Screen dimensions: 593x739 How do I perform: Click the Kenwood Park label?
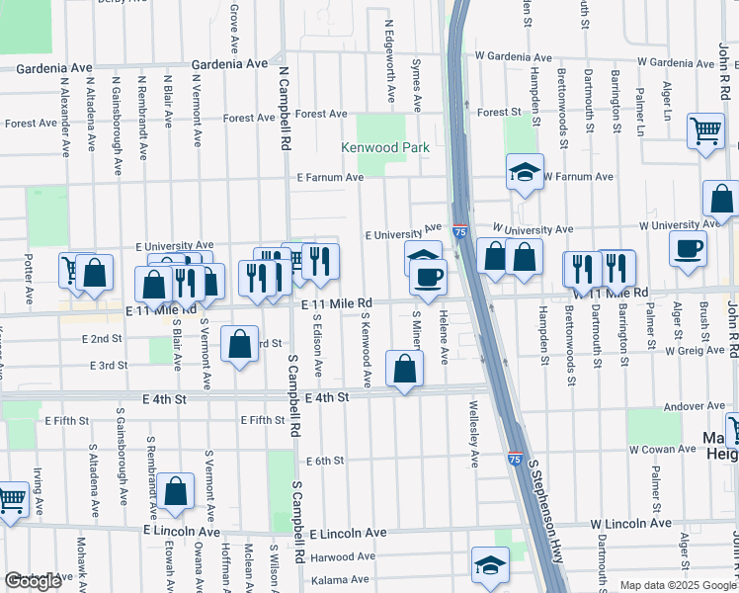[x=381, y=147]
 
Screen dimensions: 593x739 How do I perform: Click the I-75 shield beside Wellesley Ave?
[x=514, y=460]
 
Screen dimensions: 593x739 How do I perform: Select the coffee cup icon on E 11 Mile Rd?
[x=428, y=276]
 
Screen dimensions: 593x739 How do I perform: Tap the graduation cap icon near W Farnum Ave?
[x=525, y=171]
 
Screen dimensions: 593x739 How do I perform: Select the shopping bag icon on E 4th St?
[x=404, y=369]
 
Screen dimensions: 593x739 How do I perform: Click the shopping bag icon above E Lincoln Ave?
[x=175, y=492]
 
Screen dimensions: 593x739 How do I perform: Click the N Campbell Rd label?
[x=284, y=111]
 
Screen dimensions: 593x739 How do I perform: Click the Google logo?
[x=34, y=581]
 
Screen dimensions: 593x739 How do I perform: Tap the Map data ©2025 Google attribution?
[x=678, y=585]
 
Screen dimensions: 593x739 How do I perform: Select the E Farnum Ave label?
[x=331, y=178]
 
